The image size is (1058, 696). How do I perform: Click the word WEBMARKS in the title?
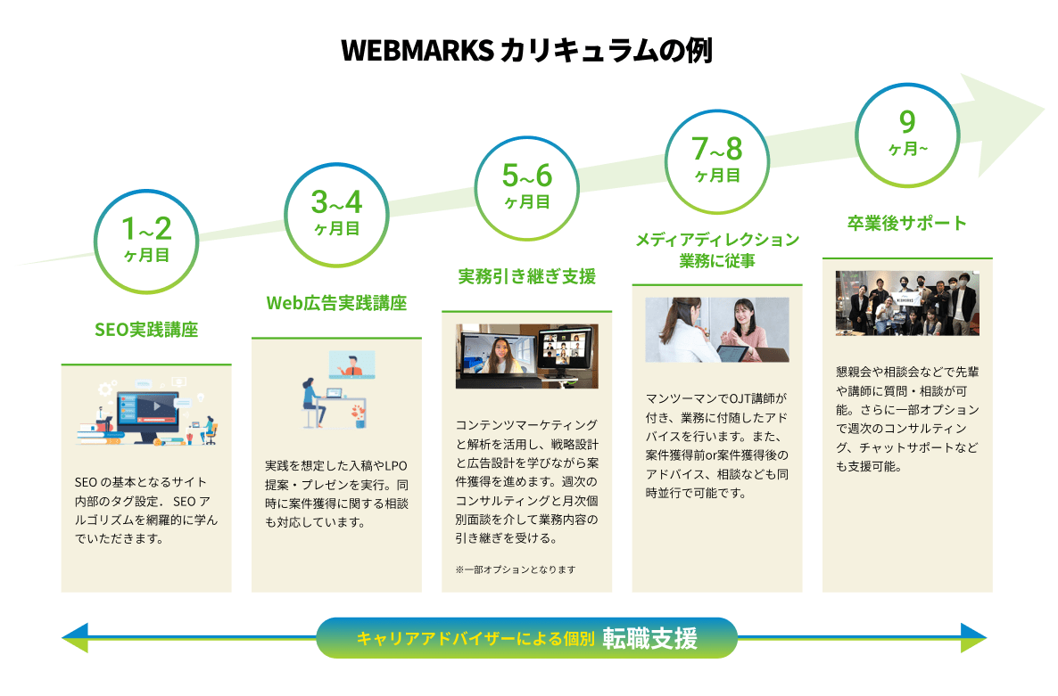click(417, 51)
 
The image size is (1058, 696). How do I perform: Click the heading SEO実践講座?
click(146, 330)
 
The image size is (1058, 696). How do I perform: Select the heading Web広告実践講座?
click(336, 303)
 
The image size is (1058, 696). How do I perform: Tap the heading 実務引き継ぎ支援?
click(527, 276)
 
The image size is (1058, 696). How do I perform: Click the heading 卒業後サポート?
click(907, 223)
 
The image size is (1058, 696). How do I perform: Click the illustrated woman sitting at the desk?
click(312, 403)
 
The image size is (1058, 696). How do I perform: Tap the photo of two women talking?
click(717, 330)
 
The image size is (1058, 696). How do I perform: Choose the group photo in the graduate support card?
click(907, 303)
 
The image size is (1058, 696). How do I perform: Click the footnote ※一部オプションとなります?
click(516, 569)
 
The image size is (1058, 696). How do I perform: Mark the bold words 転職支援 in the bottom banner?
click(649, 638)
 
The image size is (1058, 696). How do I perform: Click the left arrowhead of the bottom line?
click(75, 637)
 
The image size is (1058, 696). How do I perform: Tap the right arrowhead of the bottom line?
click(973, 637)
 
